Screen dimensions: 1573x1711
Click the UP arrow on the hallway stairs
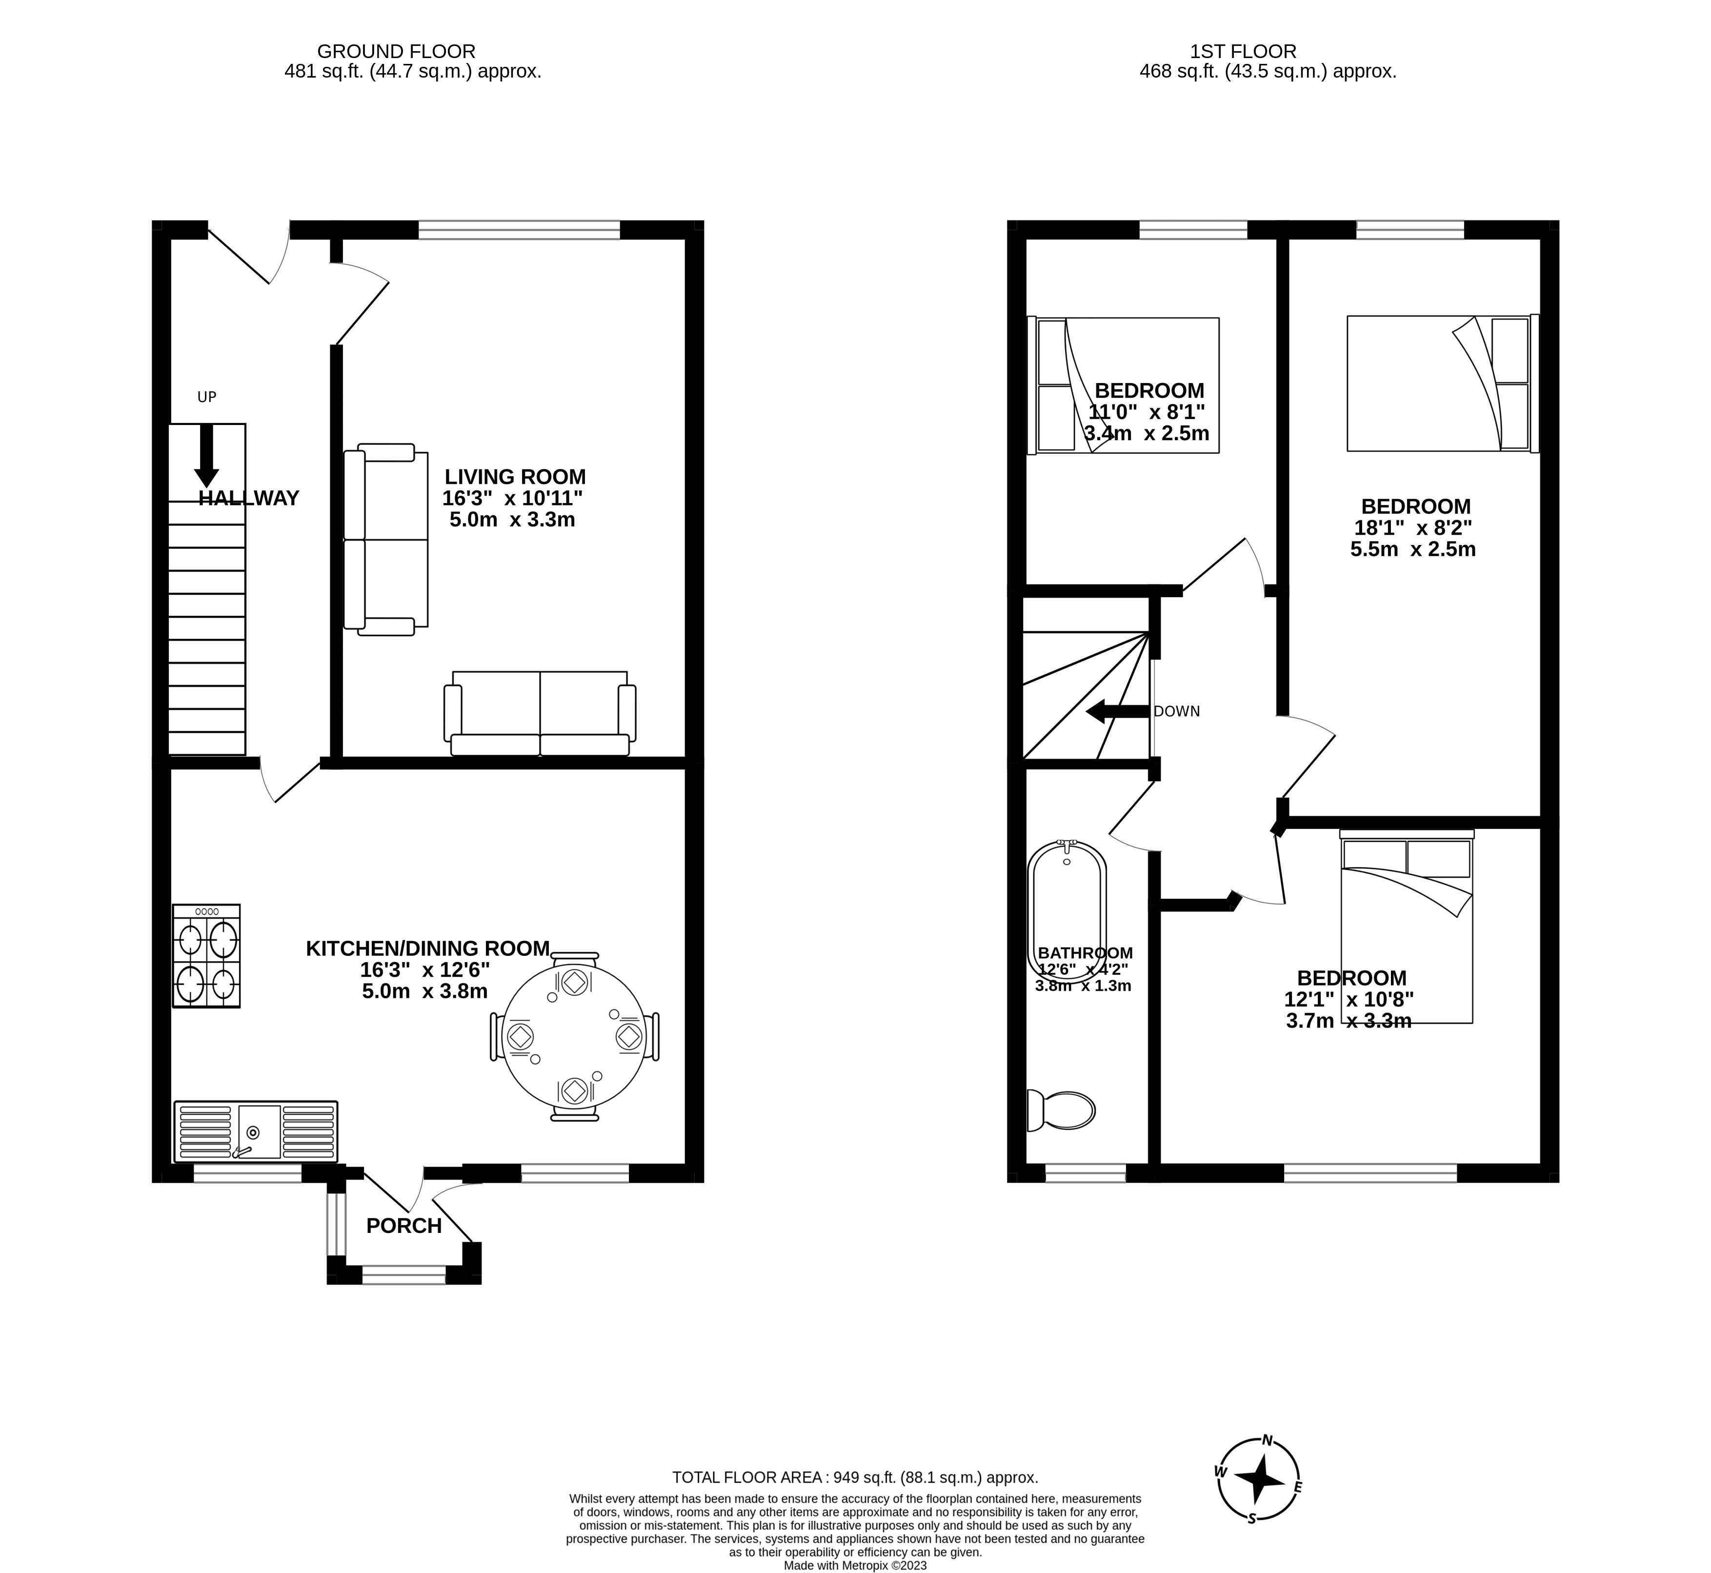[206, 455]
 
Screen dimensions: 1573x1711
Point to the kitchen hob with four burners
[206, 956]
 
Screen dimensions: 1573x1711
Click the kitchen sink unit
[255, 1131]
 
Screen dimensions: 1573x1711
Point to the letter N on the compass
[1267, 1441]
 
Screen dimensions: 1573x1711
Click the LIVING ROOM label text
[515, 477]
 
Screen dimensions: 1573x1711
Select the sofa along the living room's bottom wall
[540, 713]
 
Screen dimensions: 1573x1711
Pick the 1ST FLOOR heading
[1243, 52]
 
